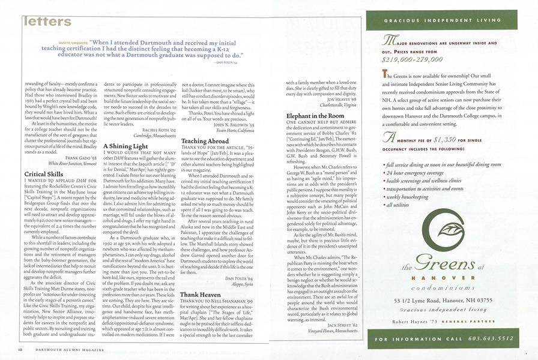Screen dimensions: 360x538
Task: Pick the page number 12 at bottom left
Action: pos(20,348)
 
